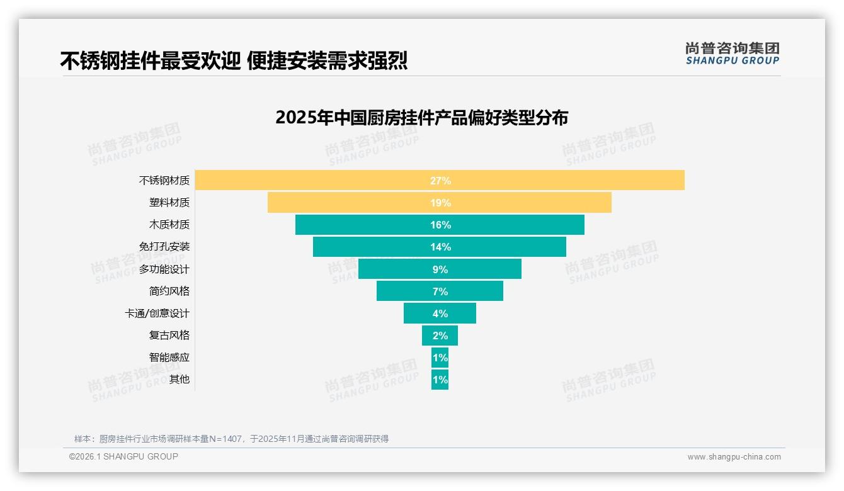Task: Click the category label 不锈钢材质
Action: (x=164, y=181)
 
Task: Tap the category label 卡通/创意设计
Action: (x=157, y=313)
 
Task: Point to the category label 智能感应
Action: (x=169, y=358)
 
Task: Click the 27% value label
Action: (x=440, y=181)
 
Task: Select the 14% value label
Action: (x=440, y=247)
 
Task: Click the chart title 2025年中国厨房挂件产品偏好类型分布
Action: (x=421, y=118)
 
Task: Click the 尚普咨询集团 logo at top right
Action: (x=732, y=54)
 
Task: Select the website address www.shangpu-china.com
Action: (x=734, y=457)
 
